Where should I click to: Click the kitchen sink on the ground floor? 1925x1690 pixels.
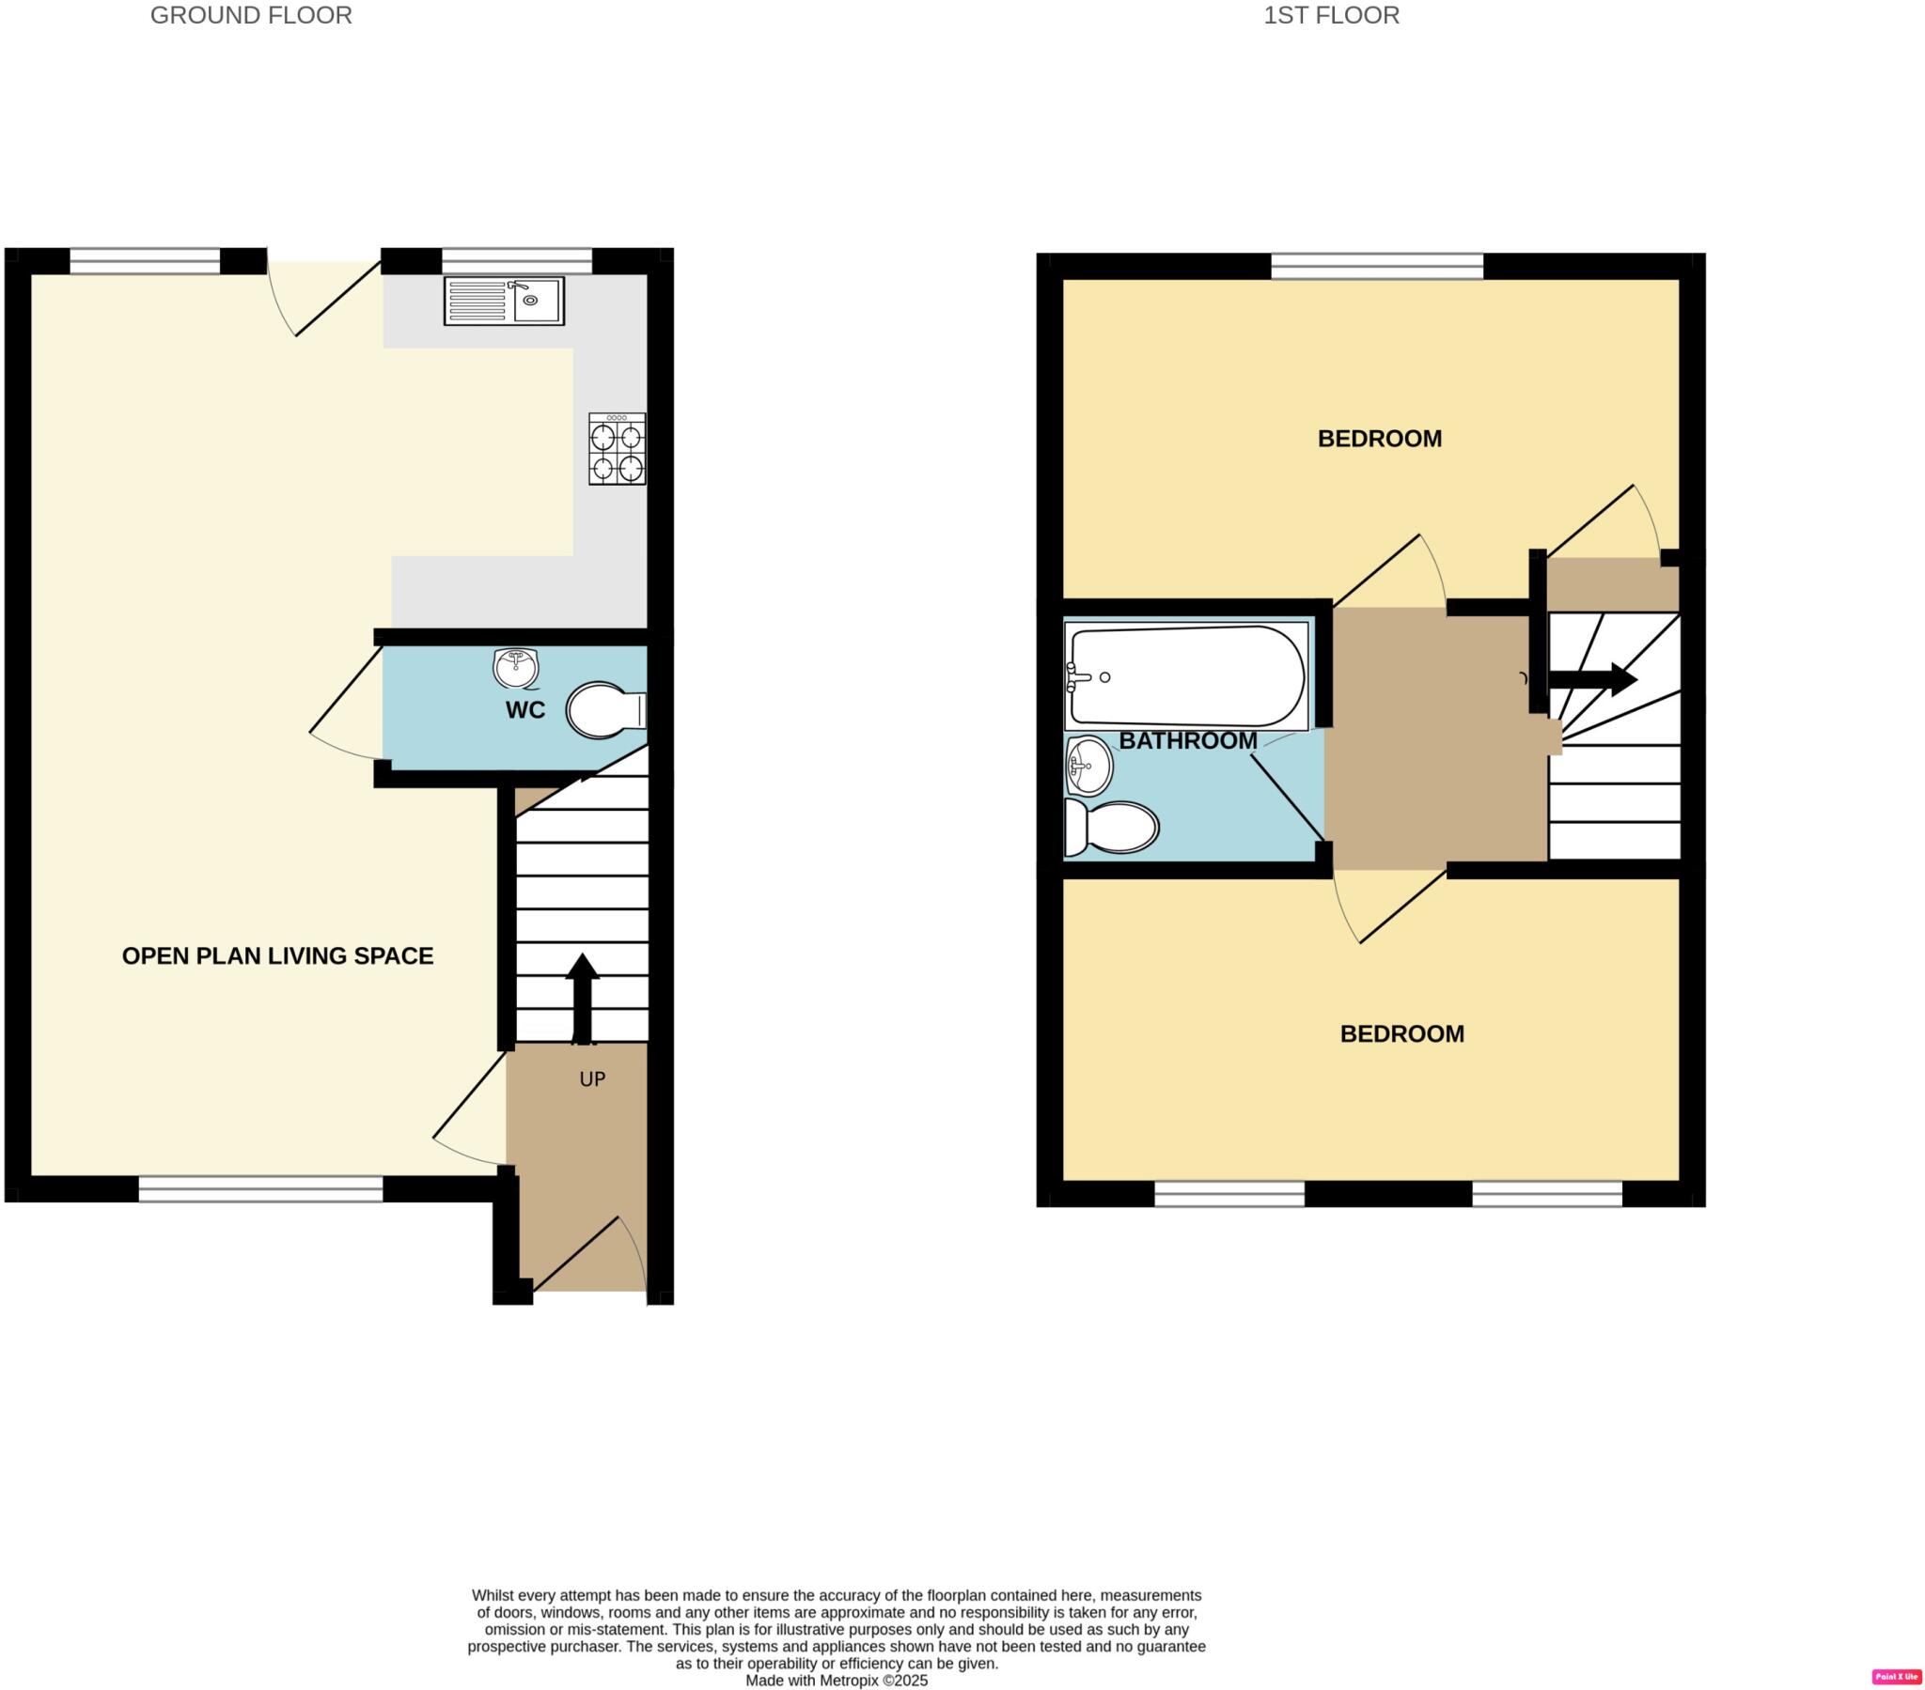[x=504, y=301]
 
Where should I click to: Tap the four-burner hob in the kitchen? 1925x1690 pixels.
[x=617, y=449]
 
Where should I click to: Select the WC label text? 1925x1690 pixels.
[x=524, y=710]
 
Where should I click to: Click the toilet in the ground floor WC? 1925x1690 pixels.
[x=603, y=710]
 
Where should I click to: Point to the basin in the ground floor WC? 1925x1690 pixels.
[x=515, y=668]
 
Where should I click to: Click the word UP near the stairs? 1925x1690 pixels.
[x=591, y=1079]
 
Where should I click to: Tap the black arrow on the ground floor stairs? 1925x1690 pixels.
[x=582, y=998]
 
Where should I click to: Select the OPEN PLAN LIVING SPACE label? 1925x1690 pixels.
[x=278, y=955]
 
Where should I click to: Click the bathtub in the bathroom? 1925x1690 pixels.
[x=1185, y=676]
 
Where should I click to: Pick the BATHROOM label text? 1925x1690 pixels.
[x=1187, y=740]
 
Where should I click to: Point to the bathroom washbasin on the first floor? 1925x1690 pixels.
[x=1088, y=765]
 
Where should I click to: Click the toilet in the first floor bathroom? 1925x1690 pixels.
[x=1111, y=829]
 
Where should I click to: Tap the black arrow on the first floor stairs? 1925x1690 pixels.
[x=1591, y=679]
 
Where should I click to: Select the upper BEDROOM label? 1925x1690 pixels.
[x=1379, y=438]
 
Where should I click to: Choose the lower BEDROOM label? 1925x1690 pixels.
[x=1401, y=1033]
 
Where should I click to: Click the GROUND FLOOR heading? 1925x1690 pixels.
[x=251, y=15]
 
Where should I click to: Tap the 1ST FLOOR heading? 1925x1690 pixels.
[x=1331, y=15]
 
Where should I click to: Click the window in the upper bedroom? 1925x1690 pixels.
[x=1377, y=266]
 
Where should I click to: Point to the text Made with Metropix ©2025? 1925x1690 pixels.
[x=837, y=1680]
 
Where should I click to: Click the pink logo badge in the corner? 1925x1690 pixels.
[x=1896, y=1676]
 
